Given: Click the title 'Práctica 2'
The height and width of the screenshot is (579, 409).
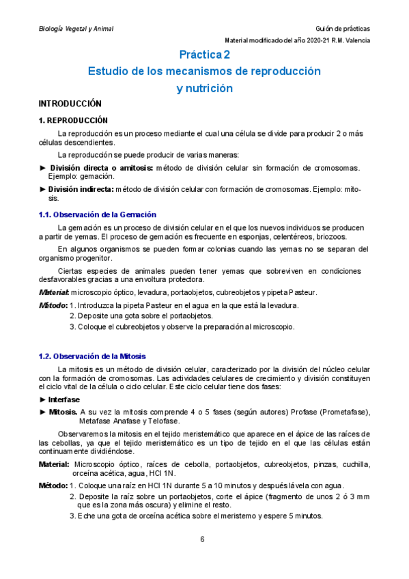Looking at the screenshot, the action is pyautogui.click(x=204, y=53).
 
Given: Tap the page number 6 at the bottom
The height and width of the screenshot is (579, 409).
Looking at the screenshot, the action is pyautogui.click(x=202, y=539).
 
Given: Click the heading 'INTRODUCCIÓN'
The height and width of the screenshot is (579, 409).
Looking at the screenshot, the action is pyautogui.click(x=70, y=104).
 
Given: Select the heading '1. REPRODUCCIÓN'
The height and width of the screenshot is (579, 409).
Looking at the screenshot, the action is pyautogui.click(x=74, y=120).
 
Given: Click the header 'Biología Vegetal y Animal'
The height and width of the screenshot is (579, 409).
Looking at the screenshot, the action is pyautogui.click(x=76, y=29).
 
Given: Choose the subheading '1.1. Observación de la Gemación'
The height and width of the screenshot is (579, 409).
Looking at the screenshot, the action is pyautogui.click(x=98, y=214).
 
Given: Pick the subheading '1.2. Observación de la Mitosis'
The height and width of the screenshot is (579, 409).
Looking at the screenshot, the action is pyautogui.click(x=92, y=356).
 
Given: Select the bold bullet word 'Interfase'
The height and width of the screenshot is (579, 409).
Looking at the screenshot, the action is pyautogui.click(x=64, y=399).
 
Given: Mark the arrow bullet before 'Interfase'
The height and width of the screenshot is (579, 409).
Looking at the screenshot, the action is pyautogui.click(x=43, y=399).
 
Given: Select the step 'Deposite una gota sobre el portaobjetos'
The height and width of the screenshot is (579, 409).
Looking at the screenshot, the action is pyautogui.click(x=145, y=315).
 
